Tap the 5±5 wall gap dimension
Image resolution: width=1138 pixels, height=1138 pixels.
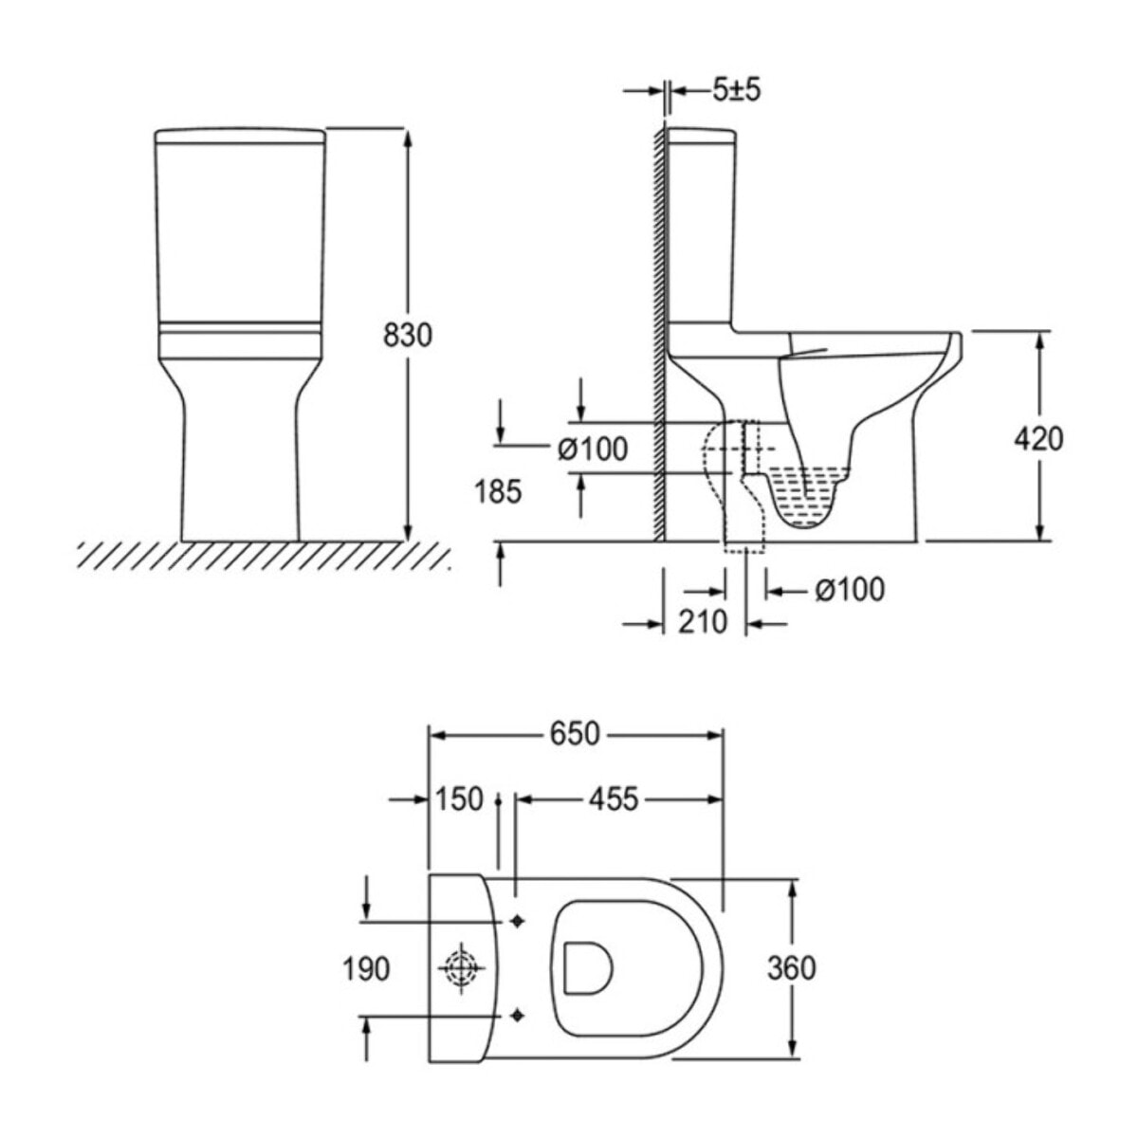coord(737,90)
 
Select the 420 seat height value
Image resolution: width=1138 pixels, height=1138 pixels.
coord(1038,438)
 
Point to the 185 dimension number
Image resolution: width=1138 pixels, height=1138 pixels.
coord(499,492)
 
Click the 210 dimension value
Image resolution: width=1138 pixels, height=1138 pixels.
coord(703,622)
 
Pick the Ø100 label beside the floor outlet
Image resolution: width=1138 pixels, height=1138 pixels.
coord(849,590)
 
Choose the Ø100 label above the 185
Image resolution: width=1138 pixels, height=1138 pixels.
coord(593,449)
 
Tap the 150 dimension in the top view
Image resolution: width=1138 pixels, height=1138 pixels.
coord(459,799)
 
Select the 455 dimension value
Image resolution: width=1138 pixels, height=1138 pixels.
coord(614,799)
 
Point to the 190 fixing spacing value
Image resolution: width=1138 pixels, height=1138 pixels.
coord(366,968)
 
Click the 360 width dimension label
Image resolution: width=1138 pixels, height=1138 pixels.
coord(791,968)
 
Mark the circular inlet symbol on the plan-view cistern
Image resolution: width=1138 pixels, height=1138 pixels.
coord(460,968)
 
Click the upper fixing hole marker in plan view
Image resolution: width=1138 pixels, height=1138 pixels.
coord(517,920)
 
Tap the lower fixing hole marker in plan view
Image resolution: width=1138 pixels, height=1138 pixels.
coord(517,1016)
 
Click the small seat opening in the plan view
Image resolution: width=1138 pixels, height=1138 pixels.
coord(587,967)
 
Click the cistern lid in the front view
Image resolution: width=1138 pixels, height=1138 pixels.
coord(240,134)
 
